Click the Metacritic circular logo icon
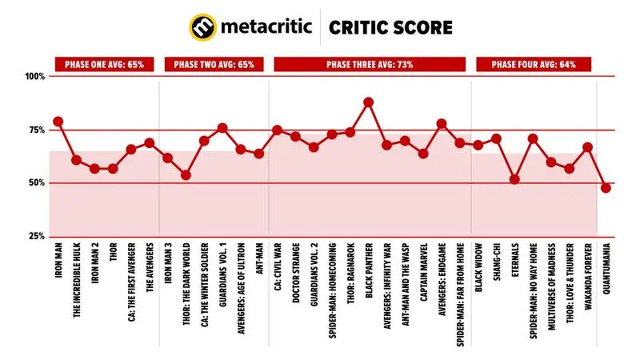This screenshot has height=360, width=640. (x=202, y=27)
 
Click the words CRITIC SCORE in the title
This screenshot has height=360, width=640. (x=390, y=27)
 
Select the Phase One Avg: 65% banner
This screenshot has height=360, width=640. (x=104, y=64)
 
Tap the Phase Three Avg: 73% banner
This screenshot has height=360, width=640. (x=369, y=64)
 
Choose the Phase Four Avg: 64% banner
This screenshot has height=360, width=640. (x=533, y=64)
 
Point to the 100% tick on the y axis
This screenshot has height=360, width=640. (x=35, y=76)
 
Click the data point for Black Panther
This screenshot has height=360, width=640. (x=368, y=102)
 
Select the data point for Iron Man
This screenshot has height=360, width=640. (x=58, y=121)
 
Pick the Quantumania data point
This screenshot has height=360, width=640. (x=606, y=188)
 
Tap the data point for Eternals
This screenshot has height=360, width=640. (x=514, y=179)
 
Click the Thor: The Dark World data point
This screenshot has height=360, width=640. (x=185, y=175)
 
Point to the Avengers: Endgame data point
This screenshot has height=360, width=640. (x=441, y=124)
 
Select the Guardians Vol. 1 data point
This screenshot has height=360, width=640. (x=222, y=128)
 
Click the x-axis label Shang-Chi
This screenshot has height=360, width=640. (x=496, y=263)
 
